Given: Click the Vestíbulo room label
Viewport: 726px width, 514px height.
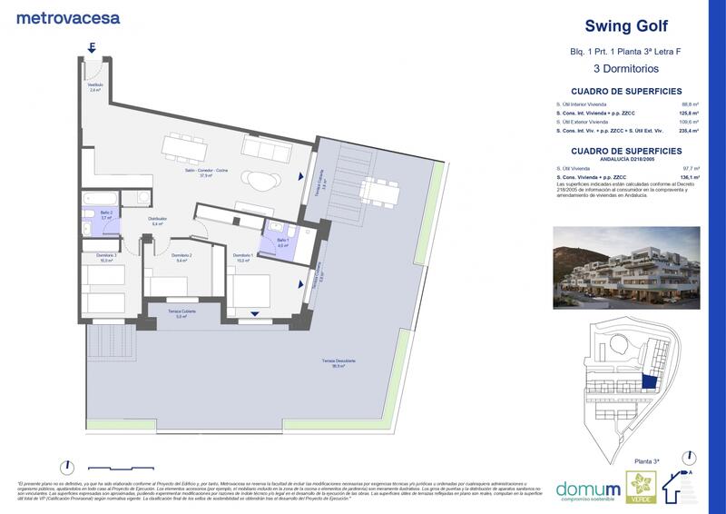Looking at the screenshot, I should point(95,87).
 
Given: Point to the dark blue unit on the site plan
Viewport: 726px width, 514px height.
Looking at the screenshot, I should point(648,382).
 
